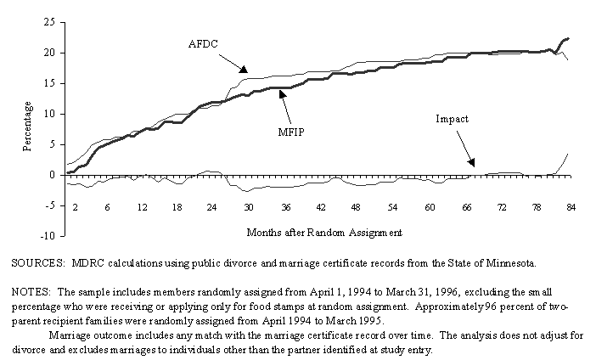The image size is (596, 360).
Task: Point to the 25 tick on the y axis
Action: [x=50, y=22]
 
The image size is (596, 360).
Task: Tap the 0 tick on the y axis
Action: [x=53, y=175]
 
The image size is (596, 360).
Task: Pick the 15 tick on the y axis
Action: [x=50, y=83]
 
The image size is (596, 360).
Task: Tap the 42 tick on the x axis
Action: [x=321, y=206]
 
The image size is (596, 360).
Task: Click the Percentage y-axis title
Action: [x=27, y=126]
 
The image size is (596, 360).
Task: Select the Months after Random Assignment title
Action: [x=323, y=231]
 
